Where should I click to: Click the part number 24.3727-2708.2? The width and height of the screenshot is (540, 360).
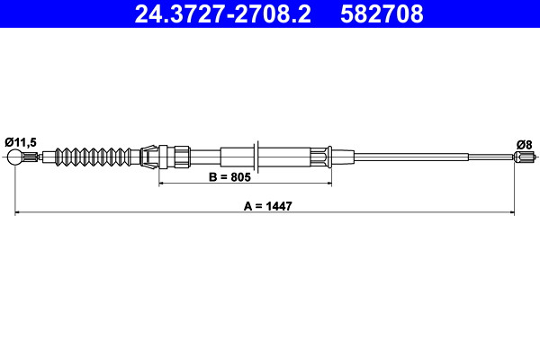pos(222,13)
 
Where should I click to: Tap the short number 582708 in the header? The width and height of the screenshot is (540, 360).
pos(382,13)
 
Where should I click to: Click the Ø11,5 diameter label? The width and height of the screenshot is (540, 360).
pos(21,142)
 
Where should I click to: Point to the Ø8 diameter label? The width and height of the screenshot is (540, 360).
pos(524,145)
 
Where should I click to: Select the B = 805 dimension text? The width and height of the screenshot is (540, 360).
pos(230,177)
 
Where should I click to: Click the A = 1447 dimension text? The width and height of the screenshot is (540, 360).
pos(267,206)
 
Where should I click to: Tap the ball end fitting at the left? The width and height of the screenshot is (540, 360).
pos(14,157)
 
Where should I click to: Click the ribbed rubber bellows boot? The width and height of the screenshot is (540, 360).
pos(93,157)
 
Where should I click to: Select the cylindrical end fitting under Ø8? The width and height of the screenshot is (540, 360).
pos(522,157)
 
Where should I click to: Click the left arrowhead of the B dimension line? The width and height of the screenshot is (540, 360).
pos(162,184)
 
